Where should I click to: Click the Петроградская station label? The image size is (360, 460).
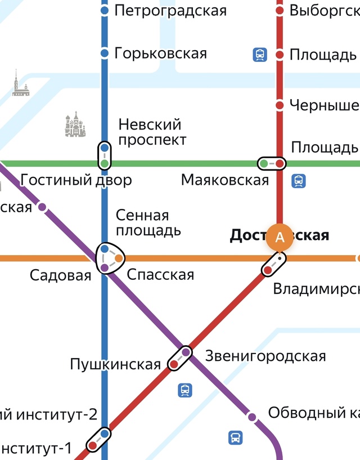pos(170,11)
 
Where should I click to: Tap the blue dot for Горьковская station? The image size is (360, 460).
pos(104,53)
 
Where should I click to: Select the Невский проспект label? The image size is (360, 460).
pos(152,132)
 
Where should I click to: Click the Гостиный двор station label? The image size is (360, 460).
pos(76,180)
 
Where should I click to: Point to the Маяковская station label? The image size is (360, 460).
pos(225,180)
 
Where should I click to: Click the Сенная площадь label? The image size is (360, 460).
pos(148,223)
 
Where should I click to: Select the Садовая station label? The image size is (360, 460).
pos(60,275)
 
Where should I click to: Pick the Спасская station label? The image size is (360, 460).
pos(160,275)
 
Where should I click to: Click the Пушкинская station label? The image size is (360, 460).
pos(115,364)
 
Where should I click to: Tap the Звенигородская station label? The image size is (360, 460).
pos(265,356)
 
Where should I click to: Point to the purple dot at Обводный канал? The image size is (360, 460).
pos(252,417)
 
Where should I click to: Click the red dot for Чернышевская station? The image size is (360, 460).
pos(280,105)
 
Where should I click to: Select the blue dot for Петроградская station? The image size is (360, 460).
pos(104,11)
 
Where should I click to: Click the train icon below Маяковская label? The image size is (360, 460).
pos(298,181)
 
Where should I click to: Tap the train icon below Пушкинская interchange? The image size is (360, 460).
pos(184,390)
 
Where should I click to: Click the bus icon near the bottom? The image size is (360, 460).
pos(235,437)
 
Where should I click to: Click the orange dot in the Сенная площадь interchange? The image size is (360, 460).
pos(119,258)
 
